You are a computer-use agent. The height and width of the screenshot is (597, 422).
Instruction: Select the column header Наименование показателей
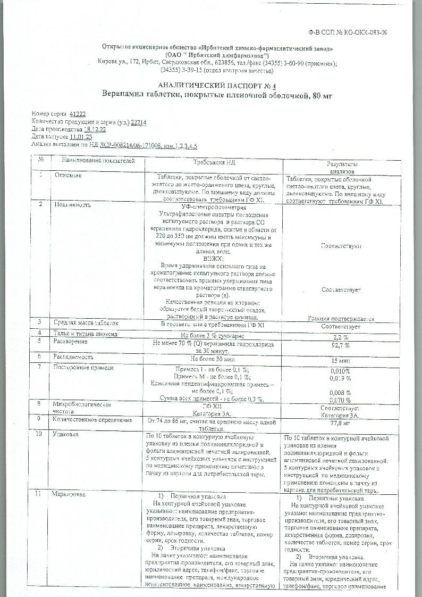tap(98, 161)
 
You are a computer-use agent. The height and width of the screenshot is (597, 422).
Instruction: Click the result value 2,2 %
tap(340, 337)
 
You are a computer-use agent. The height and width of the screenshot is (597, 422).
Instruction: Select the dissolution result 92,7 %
tap(340, 345)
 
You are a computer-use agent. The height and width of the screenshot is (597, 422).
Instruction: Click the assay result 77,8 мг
tap(340, 424)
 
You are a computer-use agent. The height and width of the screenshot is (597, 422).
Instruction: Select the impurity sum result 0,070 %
tap(340, 400)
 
